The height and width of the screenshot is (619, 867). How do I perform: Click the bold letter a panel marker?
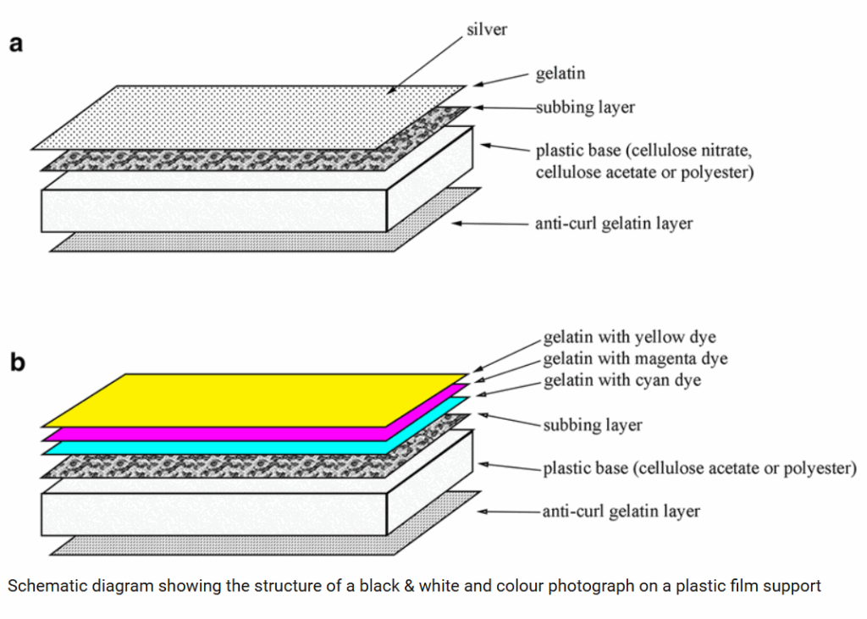click(16, 45)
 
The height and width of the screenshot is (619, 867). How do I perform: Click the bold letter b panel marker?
click(17, 363)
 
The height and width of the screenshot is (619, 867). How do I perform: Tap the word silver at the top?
click(487, 30)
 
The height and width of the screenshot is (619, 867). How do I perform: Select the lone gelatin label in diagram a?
click(560, 75)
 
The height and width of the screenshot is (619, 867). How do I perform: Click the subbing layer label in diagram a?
click(585, 108)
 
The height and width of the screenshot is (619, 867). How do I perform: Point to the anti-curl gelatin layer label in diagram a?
click(614, 224)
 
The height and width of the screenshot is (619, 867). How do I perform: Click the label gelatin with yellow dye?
click(629, 337)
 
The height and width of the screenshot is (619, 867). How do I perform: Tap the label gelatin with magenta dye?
click(635, 359)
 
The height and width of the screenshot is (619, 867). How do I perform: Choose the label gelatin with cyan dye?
click(622, 380)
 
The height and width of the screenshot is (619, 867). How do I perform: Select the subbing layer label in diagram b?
click(592, 424)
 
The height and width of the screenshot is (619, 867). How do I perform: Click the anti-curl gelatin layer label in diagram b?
click(621, 511)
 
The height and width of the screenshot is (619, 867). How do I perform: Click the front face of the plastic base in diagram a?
click(212, 210)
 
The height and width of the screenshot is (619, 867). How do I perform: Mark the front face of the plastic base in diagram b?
click(212, 513)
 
